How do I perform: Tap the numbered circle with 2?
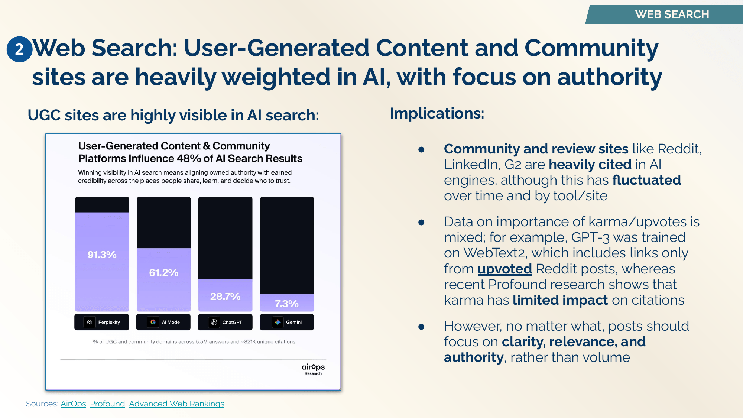coord(19,49)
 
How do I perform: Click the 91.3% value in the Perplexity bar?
coord(102,255)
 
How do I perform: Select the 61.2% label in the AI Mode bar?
coord(163,273)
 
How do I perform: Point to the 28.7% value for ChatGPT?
coord(225,297)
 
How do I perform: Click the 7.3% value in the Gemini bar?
coord(286,304)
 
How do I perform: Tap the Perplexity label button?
coord(102,322)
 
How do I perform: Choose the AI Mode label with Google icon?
coord(163,322)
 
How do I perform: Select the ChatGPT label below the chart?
coord(225,322)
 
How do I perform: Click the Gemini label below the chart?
coord(286,322)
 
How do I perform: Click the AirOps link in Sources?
coord(73,404)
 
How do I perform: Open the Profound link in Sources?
coord(107,404)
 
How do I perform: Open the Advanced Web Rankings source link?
coord(176,404)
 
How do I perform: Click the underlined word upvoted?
coord(504,269)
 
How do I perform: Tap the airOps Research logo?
coord(313,369)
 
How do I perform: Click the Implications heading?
coord(437,113)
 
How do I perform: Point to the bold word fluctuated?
coord(646,180)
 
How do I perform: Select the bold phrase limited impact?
coord(560,300)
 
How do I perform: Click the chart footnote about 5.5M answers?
coord(194,342)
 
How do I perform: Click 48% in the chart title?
coord(189,159)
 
